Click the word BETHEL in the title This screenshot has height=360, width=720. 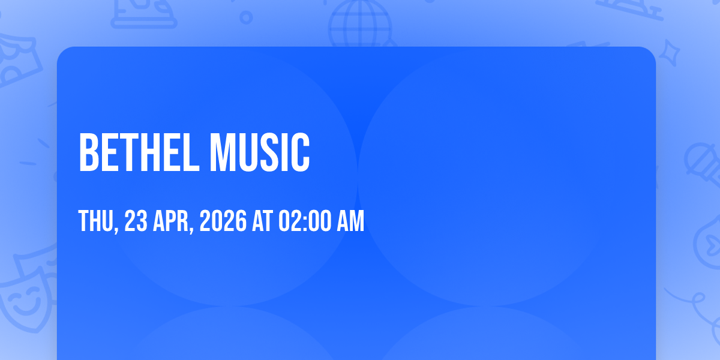tap(139, 152)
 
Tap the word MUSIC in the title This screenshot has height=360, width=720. tap(260, 152)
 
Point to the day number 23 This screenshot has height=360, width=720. tap(136, 221)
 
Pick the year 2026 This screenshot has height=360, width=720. tap(223, 221)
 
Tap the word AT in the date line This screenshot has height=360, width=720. tap(262, 221)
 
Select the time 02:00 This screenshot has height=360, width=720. tap(305, 221)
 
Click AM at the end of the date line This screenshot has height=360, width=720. tap(350, 221)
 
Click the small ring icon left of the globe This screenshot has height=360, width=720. tap(246, 17)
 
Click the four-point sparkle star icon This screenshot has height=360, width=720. tap(669, 53)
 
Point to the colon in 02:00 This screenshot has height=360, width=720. tap(305, 221)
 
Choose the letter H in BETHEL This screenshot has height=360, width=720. tap(152, 152)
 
